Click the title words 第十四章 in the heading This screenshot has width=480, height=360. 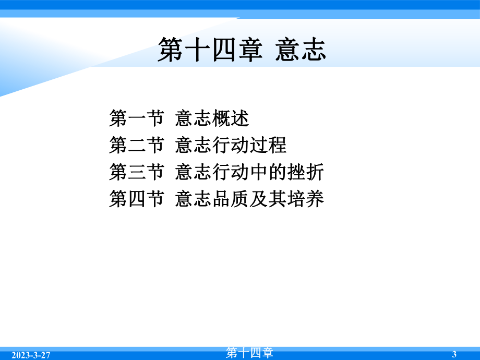coord(210,51)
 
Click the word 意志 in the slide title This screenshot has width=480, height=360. coord(301,51)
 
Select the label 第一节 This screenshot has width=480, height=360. coord(137,119)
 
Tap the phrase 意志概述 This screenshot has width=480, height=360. coord(212,119)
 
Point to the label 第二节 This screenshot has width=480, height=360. coord(137,146)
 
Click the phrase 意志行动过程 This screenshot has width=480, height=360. coord(231,146)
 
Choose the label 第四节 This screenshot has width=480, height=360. coord(137,199)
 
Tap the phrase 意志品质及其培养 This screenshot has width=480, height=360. coord(250,199)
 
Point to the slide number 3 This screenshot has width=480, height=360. coord(454,355)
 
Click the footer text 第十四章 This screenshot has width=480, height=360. coord(250,353)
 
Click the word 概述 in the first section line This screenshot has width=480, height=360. coord(231,119)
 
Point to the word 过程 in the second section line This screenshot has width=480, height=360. coord(269,146)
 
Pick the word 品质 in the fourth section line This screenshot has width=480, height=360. coord(231,199)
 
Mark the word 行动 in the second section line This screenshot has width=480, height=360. coord(231,146)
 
